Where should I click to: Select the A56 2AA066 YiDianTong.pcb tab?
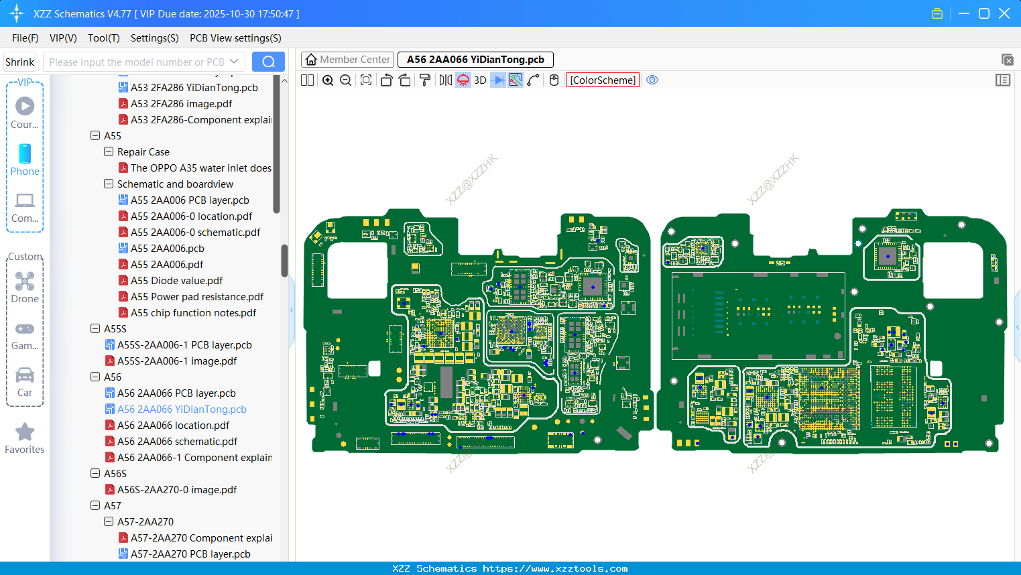click(475, 60)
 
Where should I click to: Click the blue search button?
click(268, 62)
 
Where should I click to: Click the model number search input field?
click(137, 62)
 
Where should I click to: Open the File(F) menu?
click(25, 38)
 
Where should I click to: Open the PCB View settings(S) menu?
click(235, 38)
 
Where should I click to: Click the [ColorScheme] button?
click(603, 80)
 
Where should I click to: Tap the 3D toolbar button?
click(480, 80)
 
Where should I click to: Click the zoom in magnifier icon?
click(328, 80)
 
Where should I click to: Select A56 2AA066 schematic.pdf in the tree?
click(177, 442)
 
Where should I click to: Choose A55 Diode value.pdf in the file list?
click(176, 281)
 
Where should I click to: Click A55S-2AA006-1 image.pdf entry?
click(177, 361)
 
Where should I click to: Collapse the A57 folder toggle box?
click(95, 506)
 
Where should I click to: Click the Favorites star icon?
click(25, 432)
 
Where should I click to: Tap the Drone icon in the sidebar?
click(25, 281)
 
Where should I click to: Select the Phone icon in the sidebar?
click(25, 154)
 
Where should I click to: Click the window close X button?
click(1004, 13)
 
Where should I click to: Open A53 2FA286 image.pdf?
click(181, 104)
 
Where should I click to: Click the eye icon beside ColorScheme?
click(652, 80)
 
